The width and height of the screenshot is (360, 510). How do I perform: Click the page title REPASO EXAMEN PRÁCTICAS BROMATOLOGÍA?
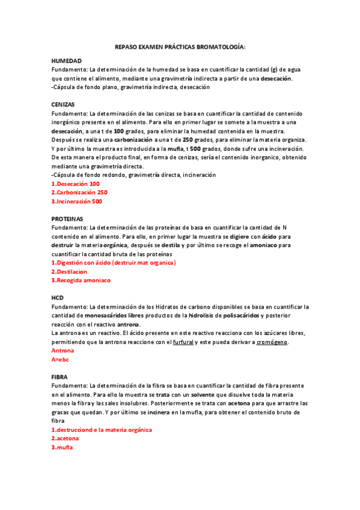pos(180,47)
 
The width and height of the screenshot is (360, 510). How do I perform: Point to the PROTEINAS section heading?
pos(67,219)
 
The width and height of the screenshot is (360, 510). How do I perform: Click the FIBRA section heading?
pos(59,376)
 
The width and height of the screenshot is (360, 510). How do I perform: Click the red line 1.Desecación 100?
pos(76,184)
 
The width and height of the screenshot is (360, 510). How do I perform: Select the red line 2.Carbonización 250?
pos(79,192)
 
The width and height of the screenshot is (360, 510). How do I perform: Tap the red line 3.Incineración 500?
pos(77,201)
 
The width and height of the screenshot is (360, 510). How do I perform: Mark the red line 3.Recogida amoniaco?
pos(81,280)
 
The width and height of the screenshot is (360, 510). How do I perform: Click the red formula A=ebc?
pos(61,359)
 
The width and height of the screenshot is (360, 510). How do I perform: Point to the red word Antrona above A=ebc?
pos(63,350)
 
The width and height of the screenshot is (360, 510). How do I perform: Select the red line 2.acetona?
pos(65,439)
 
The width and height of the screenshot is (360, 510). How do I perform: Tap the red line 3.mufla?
pos(62,447)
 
